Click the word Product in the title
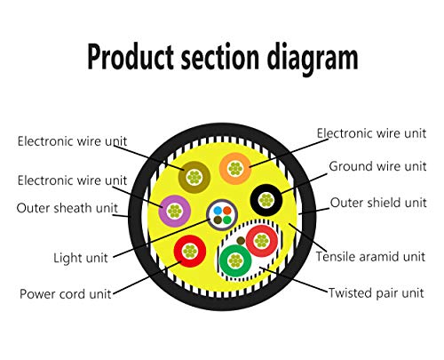click(131, 57)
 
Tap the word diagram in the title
click(313, 58)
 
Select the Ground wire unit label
click(377, 166)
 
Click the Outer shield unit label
click(378, 203)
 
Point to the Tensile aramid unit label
click(370, 256)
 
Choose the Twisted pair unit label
click(376, 293)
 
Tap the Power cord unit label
click(66, 294)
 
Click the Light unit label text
click(81, 258)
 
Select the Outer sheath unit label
click(67, 208)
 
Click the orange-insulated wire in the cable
click(235, 169)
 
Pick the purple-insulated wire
click(174, 212)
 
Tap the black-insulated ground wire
click(266, 200)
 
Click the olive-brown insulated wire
click(194, 178)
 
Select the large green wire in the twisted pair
click(235, 260)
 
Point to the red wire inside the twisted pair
click(262, 241)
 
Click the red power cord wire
click(190, 252)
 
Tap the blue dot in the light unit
click(218, 211)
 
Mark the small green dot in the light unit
click(227, 220)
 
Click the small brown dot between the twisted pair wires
click(241, 241)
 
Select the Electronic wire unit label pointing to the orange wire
click(371, 133)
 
